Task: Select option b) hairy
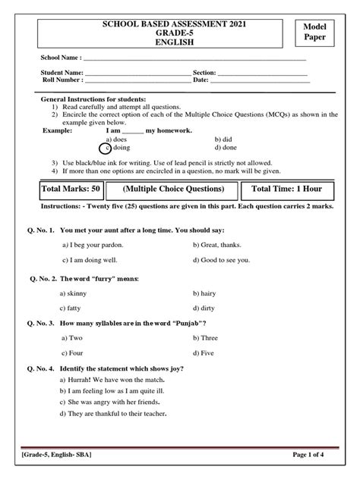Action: tap(209, 293)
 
